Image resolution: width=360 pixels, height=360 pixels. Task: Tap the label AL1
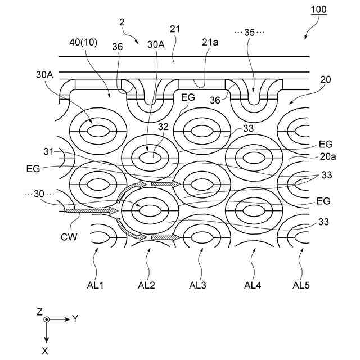coord(96,285)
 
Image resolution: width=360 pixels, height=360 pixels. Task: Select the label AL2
coord(147,285)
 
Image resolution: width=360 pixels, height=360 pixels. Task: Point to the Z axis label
coord(39,310)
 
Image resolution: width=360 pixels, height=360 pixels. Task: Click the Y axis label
coord(75,319)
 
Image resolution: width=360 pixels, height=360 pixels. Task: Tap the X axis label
coord(47,350)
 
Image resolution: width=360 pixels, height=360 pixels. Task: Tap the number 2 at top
coord(121,22)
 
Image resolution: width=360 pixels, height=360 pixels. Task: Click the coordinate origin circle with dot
coord(47,319)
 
